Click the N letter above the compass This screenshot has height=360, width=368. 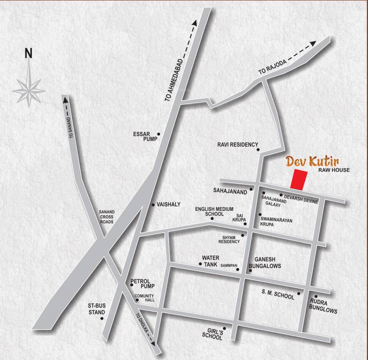pyautogui.click(x=29, y=53)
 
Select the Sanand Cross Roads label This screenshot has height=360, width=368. pyautogui.click(x=106, y=217)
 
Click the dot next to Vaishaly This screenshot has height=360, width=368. pyautogui.click(x=153, y=205)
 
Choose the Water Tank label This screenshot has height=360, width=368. pyautogui.click(x=210, y=261)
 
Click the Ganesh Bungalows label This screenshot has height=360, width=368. pyautogui.click(x=267, y=262)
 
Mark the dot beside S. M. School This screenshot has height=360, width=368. pyautogui.click(x=299, y=294)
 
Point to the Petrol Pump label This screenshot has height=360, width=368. pyautogui.click(x=143, y=284)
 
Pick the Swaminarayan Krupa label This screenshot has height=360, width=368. pyautogui.click(x=281, y=221)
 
